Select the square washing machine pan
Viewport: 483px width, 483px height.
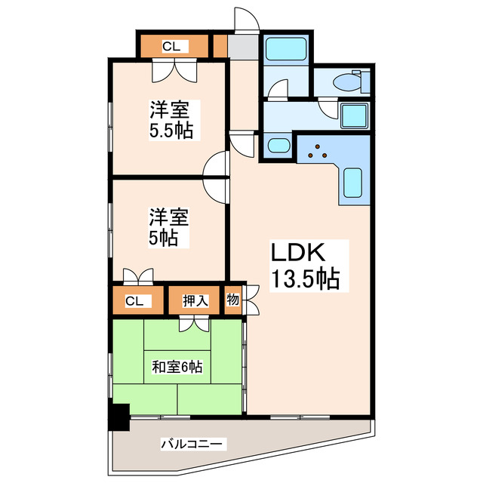353,116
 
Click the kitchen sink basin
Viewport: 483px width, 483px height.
353,186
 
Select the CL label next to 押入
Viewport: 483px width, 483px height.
134,300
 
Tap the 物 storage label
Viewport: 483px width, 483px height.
233,300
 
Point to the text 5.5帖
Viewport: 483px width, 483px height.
171,130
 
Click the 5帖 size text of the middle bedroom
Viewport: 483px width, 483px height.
162,238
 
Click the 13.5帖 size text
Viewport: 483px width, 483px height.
305,279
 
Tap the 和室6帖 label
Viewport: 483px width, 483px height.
177,368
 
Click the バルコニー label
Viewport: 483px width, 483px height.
191,444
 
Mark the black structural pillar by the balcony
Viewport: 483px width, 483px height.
118,417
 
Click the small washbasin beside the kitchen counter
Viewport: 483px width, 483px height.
278,146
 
